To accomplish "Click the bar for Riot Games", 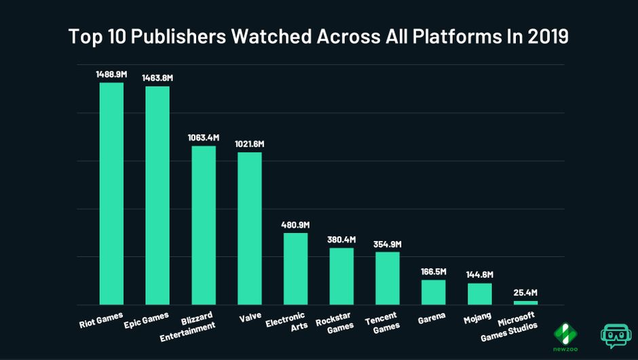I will [111, 194].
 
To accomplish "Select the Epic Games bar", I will [157, 196].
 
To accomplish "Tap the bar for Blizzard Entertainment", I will [204, 226].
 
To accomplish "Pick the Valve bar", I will [249, 228].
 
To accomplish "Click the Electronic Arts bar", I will [295, 269].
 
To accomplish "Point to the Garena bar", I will [433, 292].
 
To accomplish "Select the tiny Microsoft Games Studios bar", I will [525, 302].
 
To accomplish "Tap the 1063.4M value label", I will [204, 137].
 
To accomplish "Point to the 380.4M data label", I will [341, 238].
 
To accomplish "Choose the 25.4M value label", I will [525, 293].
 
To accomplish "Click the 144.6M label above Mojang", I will [479, 274].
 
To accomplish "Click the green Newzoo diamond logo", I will [566, 332].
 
